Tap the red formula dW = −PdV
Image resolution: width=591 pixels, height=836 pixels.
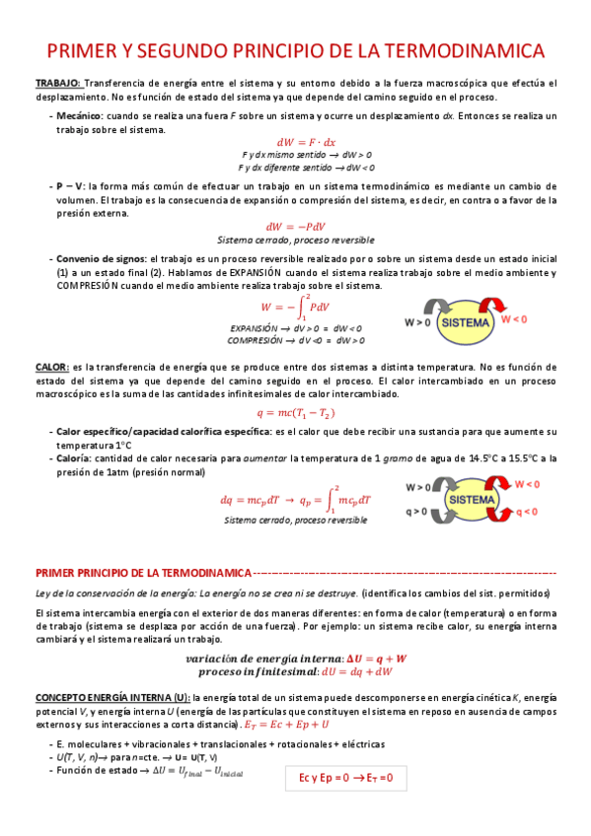(295, 226)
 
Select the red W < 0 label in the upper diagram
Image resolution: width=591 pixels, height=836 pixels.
(514, 319)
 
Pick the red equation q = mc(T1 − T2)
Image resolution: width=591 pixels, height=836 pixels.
(295, 412)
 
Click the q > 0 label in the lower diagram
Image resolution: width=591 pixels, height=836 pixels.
(416, 512)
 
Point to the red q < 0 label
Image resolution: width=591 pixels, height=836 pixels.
(526, 512)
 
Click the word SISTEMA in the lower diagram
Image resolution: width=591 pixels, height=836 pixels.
(471, 501)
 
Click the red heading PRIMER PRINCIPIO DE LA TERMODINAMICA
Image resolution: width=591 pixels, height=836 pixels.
(143, 572)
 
